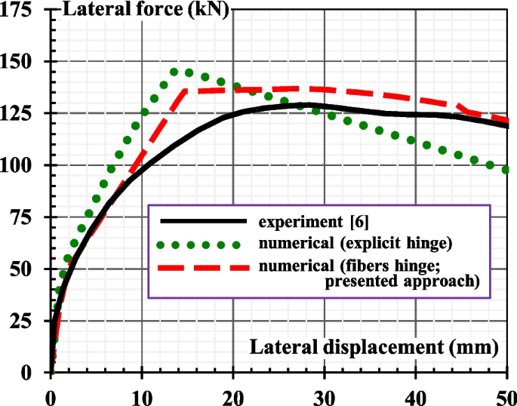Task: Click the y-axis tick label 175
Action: [x=23, y=11]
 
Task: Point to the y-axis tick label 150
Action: [x=23, y=62]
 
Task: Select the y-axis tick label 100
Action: [x=23, y=165]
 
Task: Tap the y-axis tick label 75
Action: [x=29, y=217]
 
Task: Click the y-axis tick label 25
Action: [x=29, y=321]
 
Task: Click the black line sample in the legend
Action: [x=203, y=221]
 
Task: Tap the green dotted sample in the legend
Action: [x=203, y=244]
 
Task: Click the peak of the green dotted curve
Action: [x=174, y=72]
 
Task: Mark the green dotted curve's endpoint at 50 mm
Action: [x=506, y=170]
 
